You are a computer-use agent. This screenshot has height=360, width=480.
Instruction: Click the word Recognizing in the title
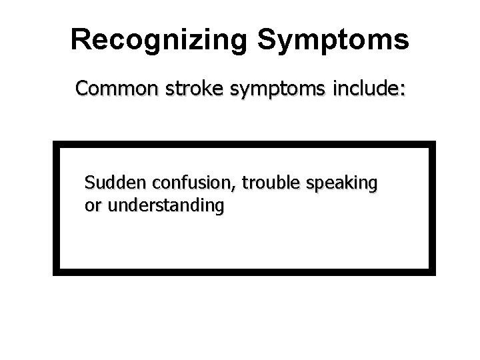(x=159, y=40)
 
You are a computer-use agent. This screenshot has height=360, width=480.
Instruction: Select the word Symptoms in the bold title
(x=332, y=40)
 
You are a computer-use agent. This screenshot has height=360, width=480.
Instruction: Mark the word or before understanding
(x=93, y=207)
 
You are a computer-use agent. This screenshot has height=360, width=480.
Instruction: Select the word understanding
(x=165, y=207)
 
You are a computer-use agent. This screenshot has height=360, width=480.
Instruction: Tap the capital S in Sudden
(x=90, y=183)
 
